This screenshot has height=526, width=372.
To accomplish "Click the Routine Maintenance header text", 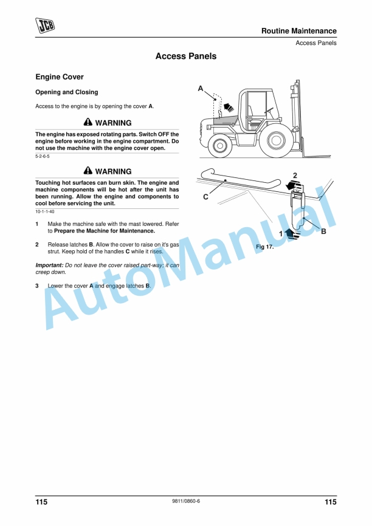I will [298, 31].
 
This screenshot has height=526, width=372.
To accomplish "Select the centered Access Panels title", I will [185, 56].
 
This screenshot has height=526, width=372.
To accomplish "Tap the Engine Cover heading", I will [60, 77].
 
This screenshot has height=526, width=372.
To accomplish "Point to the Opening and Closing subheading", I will [66, 92].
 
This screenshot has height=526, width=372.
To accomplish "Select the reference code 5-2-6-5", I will [43, 157].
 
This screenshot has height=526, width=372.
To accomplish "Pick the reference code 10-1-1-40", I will [45, 211].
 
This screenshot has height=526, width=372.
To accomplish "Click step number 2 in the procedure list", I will [38, 244].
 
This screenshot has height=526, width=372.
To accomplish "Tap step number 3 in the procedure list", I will [38, 285].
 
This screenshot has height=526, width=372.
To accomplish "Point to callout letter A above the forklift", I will [201, 89].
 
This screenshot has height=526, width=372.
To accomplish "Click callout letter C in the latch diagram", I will [205, 197].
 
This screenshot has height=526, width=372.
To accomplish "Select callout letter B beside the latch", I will [323, 231].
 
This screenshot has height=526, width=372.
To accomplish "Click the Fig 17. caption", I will [265, 247].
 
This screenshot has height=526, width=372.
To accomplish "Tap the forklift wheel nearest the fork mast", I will [276, 141].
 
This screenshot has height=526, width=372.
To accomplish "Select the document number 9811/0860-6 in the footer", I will [186, 501].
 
